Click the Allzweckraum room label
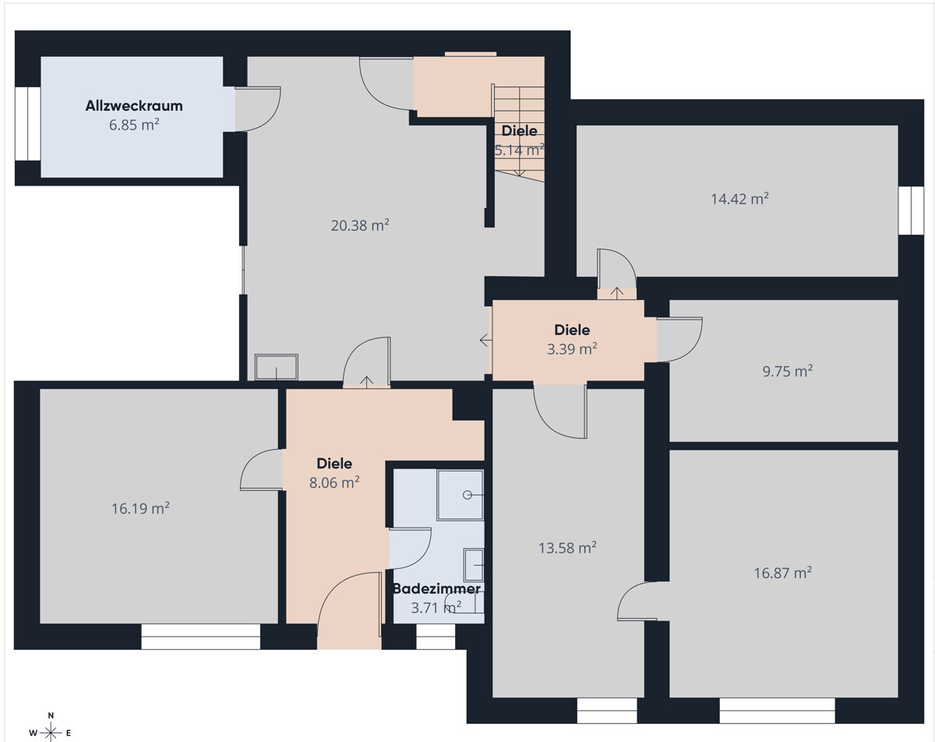click(134, 106)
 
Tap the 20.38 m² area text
click(360, 225)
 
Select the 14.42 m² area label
click(739, 199)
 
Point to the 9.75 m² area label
click(787, 371)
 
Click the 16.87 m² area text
click(782, 573)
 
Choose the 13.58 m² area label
click(567, 548)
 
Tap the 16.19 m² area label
click(140, 508)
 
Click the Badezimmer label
click(436, 588)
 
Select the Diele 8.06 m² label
click(334, 472)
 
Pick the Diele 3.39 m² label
click(572, 339)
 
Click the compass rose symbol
click(51, 731)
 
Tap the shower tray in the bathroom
click(460, 495)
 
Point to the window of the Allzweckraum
click(28, 124)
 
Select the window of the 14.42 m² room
click(911, 210)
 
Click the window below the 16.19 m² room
click(201, 636)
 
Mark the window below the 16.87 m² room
click(777, 711)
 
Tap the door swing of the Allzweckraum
click(258, 109)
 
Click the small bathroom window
click(436, 636)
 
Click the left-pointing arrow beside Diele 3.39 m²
click(485, 340)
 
